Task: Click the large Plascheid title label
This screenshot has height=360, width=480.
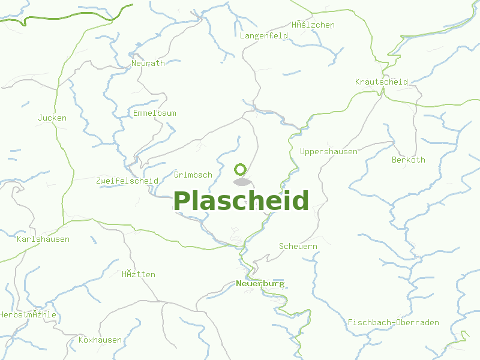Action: click(241, 201)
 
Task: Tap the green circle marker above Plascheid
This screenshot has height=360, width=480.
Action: click(241, 169)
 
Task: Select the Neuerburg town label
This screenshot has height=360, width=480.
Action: click(260, 283)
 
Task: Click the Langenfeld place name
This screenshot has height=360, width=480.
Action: click(264, 35)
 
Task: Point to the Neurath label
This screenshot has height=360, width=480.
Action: click(148, 63)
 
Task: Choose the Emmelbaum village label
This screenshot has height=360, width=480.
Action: click(155, 113)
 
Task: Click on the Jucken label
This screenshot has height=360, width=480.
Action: click(52, 118)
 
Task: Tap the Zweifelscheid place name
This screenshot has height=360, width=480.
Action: click(127, 180)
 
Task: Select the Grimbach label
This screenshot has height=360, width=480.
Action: click(193, 175)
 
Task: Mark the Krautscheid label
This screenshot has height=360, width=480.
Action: click(382, 82)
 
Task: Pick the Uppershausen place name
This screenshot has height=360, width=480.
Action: click(329, 151)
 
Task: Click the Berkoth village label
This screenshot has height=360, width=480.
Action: click(409, 160)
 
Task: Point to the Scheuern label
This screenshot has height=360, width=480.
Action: click(298, 246)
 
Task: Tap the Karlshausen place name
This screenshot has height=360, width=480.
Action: click(43, 239)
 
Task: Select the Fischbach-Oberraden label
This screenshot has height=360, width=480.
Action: click(394, 322)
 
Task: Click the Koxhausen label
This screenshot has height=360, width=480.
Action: click(100, 340)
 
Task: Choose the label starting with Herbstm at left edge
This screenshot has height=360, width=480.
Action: click(28, 314)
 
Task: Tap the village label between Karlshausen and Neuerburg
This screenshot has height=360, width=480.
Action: click(139, 274)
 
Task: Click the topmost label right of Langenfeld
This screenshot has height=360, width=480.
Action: click(313, 25)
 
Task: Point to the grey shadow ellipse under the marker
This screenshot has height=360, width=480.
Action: click(241, 182)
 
